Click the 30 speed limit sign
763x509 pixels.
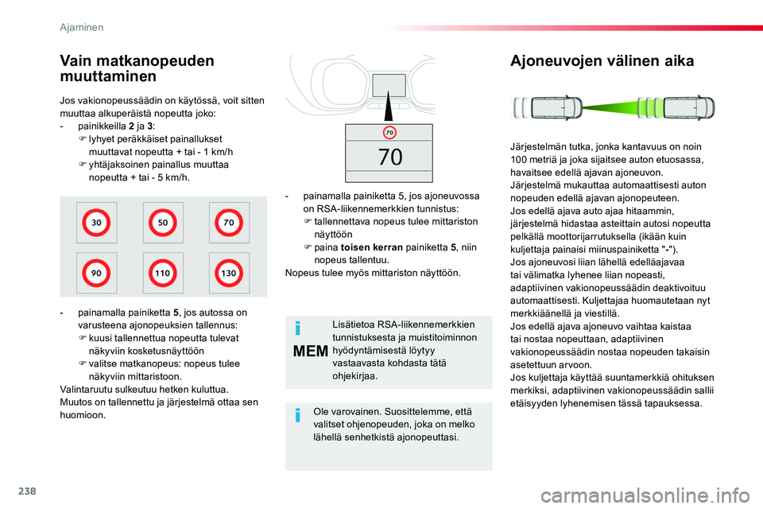coord(96,223)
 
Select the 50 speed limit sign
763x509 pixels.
coord(162,223)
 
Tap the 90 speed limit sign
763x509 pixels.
coord(96,273)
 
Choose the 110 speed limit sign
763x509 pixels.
coord(162,273)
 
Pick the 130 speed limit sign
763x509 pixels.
coord(229,273)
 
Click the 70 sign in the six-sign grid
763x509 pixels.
coord(229,223)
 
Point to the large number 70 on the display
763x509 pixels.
coord(390,157)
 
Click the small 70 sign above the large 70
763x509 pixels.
coord(389,133)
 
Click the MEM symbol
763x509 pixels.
coord(311,351)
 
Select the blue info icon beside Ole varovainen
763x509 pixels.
coord(298,415)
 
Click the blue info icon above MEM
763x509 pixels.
coord(298,328)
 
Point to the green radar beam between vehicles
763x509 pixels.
coord(613,107)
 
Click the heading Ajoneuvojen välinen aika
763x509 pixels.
coord(602,61)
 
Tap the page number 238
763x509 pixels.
coord(27,491)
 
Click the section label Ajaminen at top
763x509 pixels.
coord(82,27)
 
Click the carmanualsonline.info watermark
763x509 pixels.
coord(645,495)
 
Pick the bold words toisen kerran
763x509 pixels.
coord(372,247)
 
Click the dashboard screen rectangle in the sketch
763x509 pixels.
coord(389,85)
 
